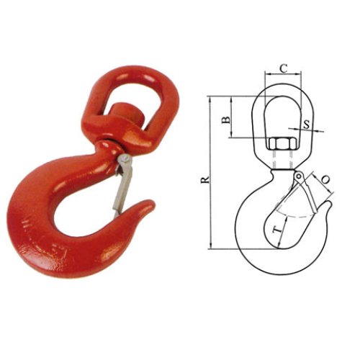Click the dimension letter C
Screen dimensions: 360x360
(x=283, y=69)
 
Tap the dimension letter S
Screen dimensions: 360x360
(x=307, y=124)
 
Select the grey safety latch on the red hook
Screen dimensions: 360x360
(x=120, y=186)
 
